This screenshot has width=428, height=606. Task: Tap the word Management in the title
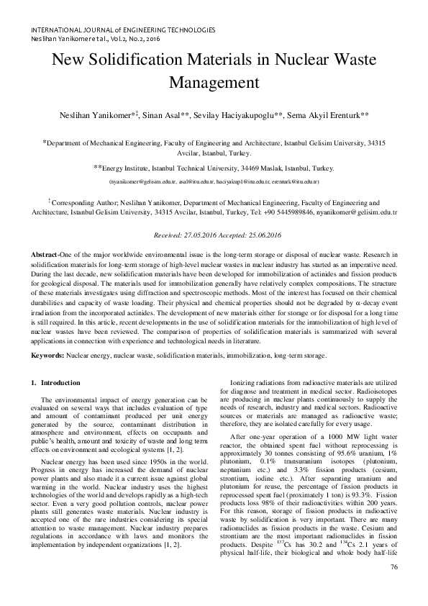(x=214, y=82)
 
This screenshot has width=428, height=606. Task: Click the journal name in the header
(x=119, y=30)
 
